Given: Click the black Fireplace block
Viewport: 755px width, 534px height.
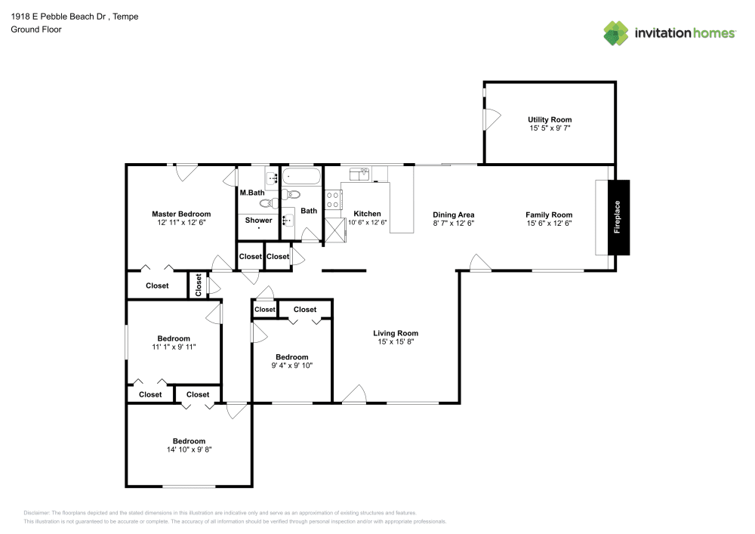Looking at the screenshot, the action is point(618,218).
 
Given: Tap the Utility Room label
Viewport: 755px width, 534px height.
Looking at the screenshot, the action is point(550,119).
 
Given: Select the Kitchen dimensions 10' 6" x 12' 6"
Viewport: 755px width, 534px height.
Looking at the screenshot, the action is point(368,223).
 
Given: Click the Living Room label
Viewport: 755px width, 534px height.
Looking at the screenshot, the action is point(396,333).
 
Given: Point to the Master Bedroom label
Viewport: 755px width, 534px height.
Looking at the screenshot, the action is point(181,214).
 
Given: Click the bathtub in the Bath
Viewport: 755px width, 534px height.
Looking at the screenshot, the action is point(301,176).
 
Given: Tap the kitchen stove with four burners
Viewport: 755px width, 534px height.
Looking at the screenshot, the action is point(333,200).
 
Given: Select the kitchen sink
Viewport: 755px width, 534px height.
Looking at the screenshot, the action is point(359,174).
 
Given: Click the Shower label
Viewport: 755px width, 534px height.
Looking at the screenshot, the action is point(258,220).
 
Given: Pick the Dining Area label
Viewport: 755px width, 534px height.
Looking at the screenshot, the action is point(454,215).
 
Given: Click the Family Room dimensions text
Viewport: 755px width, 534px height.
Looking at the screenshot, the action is point(549,224).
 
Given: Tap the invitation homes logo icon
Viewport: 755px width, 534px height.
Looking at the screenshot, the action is point(616,33).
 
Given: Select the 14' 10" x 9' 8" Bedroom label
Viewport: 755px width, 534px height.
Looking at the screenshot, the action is point(190,441).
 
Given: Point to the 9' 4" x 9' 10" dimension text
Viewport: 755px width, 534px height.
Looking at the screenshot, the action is point(291,366).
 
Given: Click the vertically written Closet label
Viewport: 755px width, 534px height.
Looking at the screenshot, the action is point(199,285).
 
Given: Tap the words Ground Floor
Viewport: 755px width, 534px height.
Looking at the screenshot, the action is point(36,29).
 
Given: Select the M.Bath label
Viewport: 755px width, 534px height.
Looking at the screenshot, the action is point(252,193).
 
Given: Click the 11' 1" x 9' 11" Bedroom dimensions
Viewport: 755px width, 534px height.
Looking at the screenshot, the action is point(174,347).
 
